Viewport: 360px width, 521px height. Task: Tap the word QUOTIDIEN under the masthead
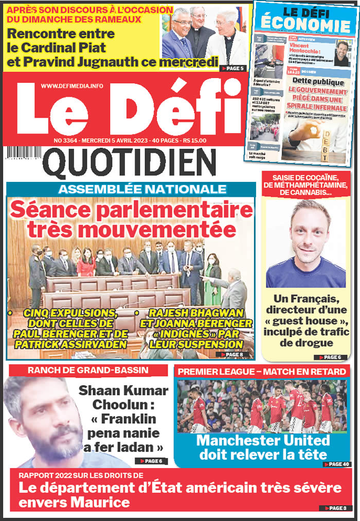coord(129,163)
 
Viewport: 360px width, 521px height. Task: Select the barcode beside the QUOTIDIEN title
coord(24,153)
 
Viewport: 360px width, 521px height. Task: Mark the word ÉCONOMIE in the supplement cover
coord(305,24)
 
